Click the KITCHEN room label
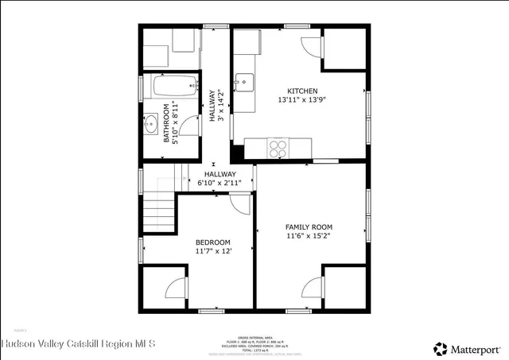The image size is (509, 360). pyautogui.click(x=303, y=91)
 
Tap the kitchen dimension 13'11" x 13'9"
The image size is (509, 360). pyautogui.click(x=303, y=101)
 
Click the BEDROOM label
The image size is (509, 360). pyautogui.click(x=213, y=242)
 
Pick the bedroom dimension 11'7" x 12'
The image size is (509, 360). pyautogui.click(x=213, y=252)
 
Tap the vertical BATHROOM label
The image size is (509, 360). pyautogui.click(x=168, y=124)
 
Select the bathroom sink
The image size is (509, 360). pyautogui.click(x=151, y=124)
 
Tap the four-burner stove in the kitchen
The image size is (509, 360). pyautogui.click(x=278, y=147)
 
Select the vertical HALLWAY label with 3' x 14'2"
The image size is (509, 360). pyautogui.click(x=216, y=106)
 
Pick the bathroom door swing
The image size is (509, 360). pyautogui.click(x=188, y=126)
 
